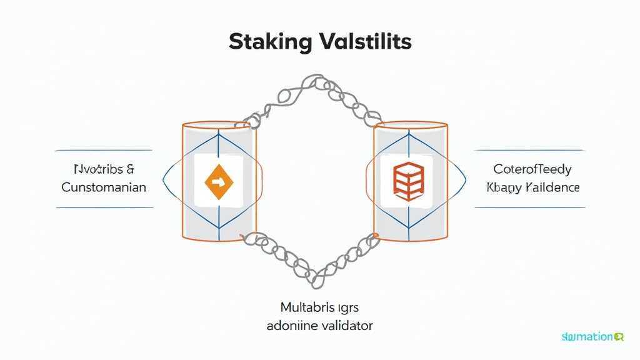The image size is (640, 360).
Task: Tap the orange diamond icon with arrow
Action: point(218,182)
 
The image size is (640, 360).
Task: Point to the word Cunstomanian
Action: point(104,187)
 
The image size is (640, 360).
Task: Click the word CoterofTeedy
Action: point(532,169)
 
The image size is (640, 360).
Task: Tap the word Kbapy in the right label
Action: point(504,187)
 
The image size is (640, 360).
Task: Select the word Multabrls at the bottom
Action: point(301,307)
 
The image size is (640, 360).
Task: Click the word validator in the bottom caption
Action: point(343,326)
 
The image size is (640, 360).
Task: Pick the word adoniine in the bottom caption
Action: point(291,326)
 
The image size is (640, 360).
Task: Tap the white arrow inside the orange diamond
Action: point(218,182)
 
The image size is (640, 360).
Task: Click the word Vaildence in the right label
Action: point(552,187)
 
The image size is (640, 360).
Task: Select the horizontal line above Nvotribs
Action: point(104,151)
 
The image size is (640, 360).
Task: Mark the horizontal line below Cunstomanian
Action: point(104,208)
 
